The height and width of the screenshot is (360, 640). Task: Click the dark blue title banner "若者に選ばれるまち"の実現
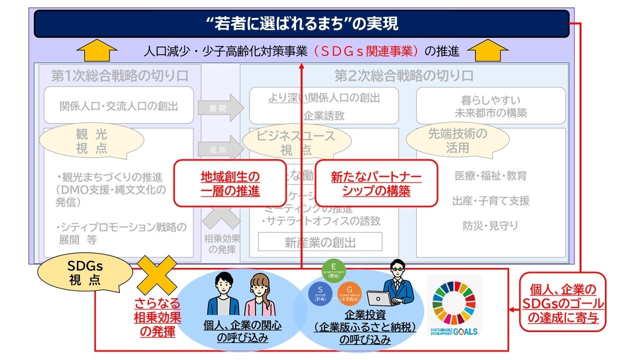(301, 23)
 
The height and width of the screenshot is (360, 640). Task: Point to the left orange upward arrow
(97, 50)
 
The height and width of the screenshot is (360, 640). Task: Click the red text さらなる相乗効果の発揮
(157, 317)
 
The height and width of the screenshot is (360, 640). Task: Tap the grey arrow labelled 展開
(220, 107)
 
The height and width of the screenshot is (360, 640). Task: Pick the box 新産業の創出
(320, 242)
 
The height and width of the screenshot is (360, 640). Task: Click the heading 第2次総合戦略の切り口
(403, 76)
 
